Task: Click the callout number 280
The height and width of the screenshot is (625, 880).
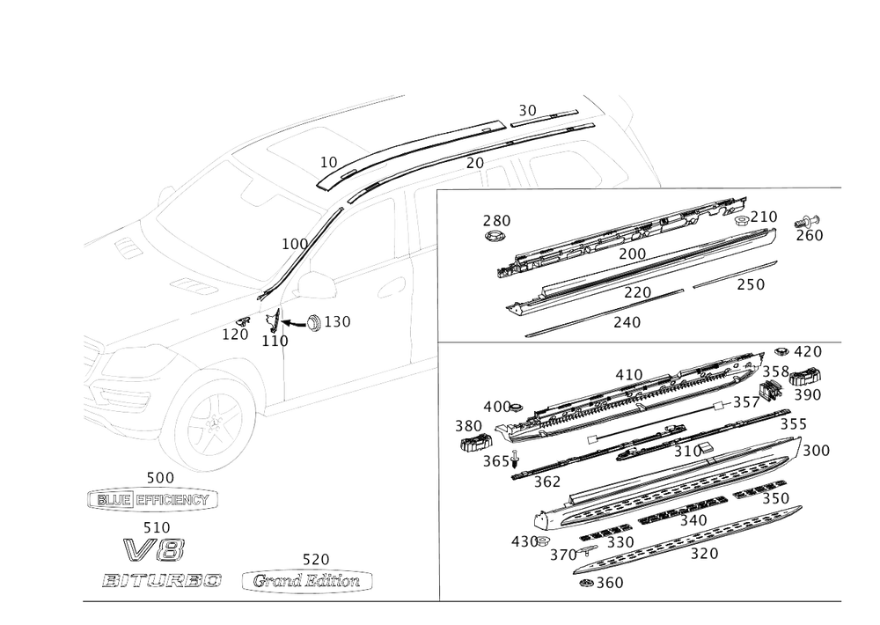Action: tap(497, 219)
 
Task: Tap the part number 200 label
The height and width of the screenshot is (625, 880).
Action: tap(632, 254)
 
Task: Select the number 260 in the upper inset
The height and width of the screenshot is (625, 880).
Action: tap(808, 235)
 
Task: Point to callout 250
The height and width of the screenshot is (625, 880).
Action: tap(750, 285)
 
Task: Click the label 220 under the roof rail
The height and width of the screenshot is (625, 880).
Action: tap(636, 291)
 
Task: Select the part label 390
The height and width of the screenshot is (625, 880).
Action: tap(807, 396)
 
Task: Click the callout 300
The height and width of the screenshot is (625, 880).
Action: tap(816, 450)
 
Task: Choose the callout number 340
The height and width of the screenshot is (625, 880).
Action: tap(693, 521)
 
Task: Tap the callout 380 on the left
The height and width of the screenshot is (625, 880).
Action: tap(467, 425)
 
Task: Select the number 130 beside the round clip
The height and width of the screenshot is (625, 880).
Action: tap(336, 323)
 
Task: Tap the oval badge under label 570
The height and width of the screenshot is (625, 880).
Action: tap(307, 581)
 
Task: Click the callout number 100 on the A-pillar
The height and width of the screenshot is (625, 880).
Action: tap(293, 243)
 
